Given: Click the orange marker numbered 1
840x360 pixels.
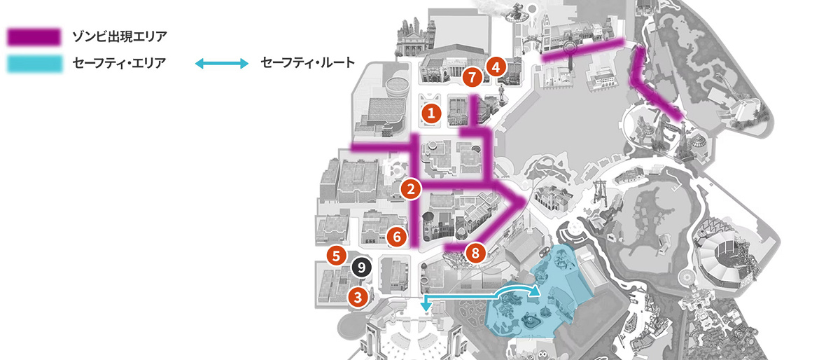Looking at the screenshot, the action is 432,112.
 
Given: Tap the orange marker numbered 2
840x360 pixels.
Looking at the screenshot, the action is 411,188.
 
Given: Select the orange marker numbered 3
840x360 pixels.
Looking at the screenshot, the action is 358,296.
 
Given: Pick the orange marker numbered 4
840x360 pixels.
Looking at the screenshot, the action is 496,67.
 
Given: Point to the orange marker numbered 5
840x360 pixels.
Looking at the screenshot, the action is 337,255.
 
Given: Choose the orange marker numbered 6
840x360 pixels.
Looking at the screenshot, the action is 396,236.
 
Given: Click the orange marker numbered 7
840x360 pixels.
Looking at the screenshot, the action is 472,75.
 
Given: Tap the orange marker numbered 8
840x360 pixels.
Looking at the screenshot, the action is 475,254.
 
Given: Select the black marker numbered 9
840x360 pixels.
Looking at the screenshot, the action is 360,266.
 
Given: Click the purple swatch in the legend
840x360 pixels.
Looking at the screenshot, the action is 34,36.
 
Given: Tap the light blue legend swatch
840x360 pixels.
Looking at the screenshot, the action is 34,64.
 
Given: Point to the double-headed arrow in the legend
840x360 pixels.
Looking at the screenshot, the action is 221,64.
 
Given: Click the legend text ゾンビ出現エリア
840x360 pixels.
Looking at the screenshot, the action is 120,36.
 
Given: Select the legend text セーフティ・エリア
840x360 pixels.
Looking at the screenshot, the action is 120,64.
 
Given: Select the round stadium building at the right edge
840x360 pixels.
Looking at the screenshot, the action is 721,263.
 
